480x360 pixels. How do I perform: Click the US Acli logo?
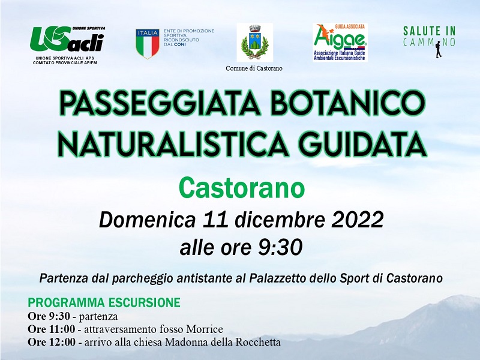pyautogui.click(x=67, y=39)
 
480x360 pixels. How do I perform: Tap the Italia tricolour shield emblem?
pyautogui.click(x=148, y=44)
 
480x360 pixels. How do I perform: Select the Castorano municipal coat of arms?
pyautogui.click(x=254, y=42)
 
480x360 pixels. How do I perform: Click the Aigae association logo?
pyautogui.click(x=340, y=42)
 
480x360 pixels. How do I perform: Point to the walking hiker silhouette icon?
pyautogui.click(x=439, y=49)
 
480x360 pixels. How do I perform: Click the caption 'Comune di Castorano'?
pyautogui.click(x=254, y=68)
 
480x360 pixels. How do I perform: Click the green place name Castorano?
pyautogui.click(x=242, y=188)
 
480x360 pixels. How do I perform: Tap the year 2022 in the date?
pyautogui.click(x=358, y=219)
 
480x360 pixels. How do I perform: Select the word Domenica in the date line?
pyautogui.click(x=147, y=220)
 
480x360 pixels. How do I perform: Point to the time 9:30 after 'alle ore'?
pyautogui.click(x=280, y=247)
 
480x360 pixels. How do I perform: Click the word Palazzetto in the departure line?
pyautogui.click(x=278, y=278)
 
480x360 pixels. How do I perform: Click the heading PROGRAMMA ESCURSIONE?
pyautogui.click(x=104, y=302)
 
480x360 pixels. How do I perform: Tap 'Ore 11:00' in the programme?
pyautogui.click(x=51, y=329)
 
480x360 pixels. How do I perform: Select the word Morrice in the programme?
pyautogui.click(x=205, y=329)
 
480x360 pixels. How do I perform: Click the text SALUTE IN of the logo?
pyautogui.click(x=430, y=31)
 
